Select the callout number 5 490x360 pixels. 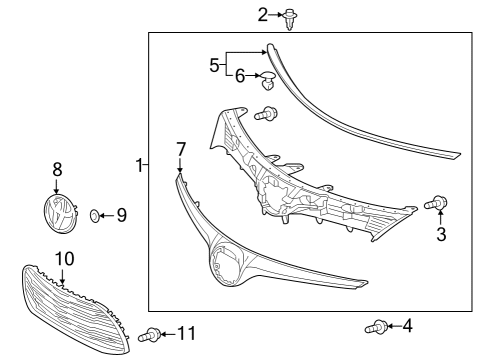[x=214, y=65]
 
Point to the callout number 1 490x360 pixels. [x=140, y=164]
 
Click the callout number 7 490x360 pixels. [x=181, y=149]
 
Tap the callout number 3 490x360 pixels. [x=440, y=236]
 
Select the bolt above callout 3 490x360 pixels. [x=439, y=204]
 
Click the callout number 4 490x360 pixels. [x=407, y=325]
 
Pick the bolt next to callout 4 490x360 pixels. [x=375, y=326]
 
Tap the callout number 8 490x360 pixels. [x=57, y=171]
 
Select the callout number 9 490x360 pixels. [x=121, y=214]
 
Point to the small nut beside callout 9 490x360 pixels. [x=95, y=214]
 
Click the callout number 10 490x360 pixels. [x=64, y=259]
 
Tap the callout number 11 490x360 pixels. [x=188, y=332]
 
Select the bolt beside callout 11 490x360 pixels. [x=154, y=333]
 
